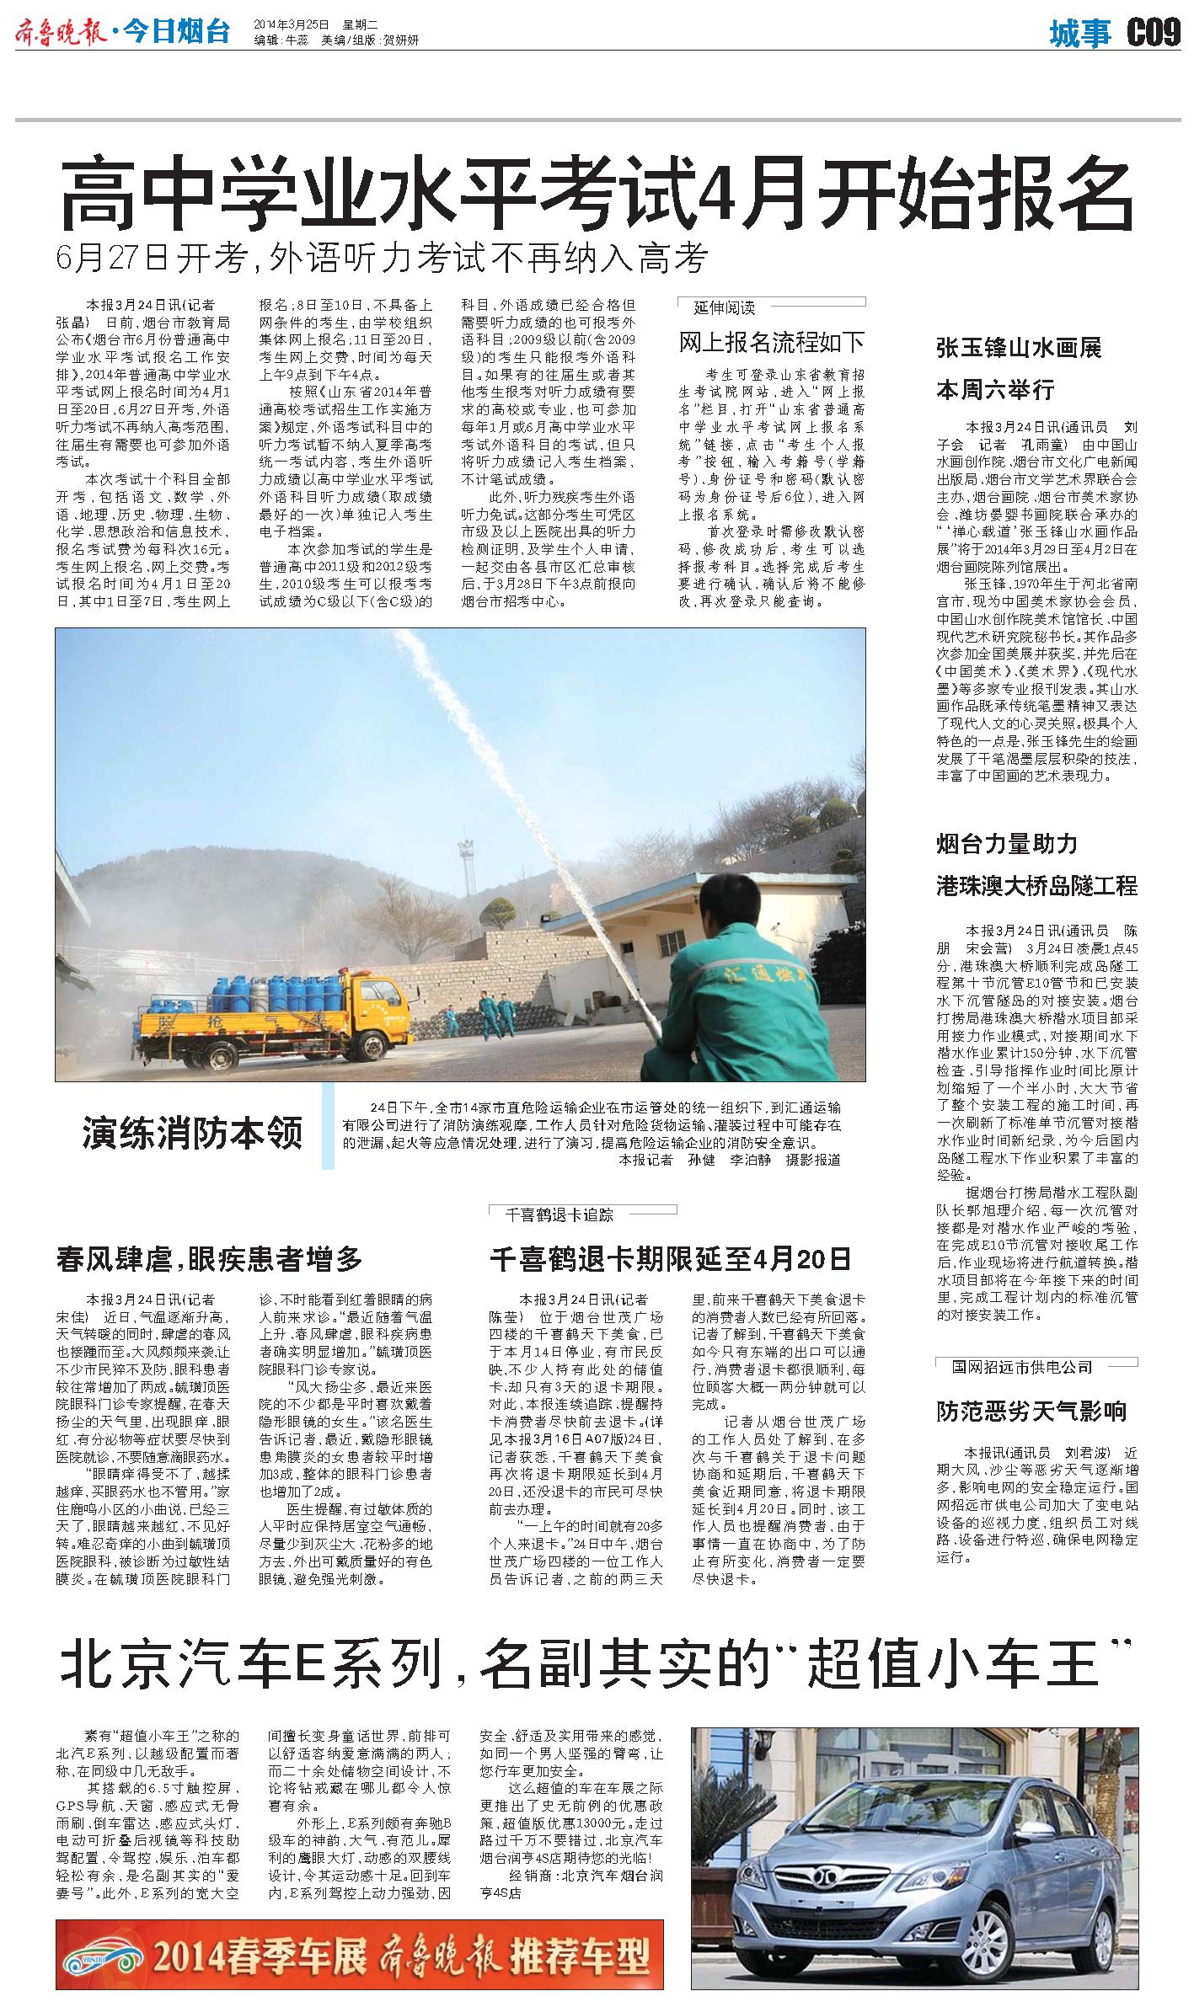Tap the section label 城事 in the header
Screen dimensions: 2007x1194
coord(1080,35)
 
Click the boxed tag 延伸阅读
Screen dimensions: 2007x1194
coord(724,307)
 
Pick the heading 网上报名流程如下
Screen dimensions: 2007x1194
coord(772,342)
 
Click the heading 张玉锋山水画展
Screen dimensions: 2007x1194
coord(1019,348)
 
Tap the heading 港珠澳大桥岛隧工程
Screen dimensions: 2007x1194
coord(1036,885)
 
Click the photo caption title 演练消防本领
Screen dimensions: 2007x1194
coord(192,1133)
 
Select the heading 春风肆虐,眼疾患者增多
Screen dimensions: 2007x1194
coord(210,1258)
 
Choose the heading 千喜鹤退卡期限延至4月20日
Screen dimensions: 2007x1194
coord(670,1258)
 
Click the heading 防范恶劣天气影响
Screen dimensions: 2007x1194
coord(1031,1411)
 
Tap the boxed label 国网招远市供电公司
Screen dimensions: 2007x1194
coord(1021,1366)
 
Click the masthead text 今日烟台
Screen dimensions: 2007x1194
coord(176,34)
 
